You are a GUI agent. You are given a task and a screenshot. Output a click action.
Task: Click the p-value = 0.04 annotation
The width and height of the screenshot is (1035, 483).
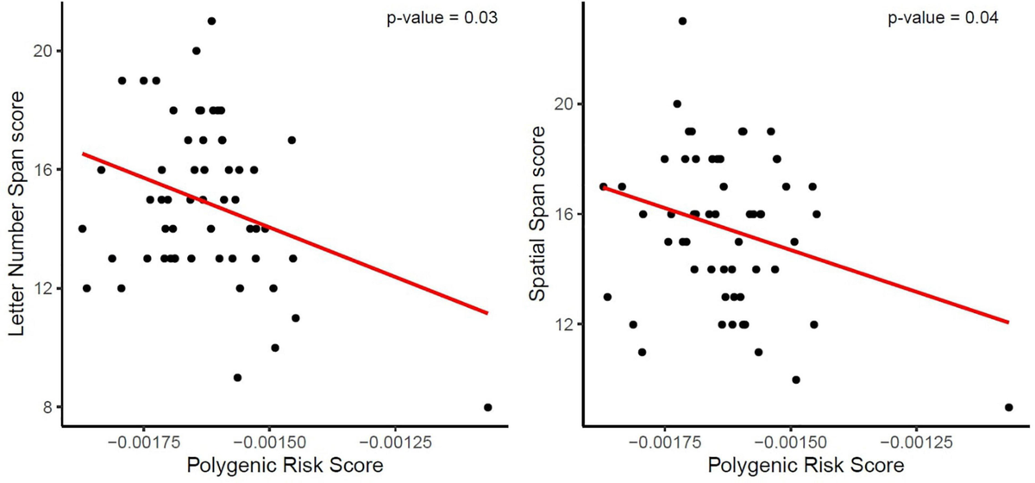[x=944, y=18]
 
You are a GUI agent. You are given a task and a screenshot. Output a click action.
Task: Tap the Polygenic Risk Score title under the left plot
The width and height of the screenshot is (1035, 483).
[x=285, y=466]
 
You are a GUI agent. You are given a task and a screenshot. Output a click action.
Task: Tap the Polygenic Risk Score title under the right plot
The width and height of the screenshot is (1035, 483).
[x=806, y=466]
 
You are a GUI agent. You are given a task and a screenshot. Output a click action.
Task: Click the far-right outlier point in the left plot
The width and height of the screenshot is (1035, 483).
[x=488, y=407]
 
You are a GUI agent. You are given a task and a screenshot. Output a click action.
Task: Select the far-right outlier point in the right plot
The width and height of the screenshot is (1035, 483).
[x=1008, y=407]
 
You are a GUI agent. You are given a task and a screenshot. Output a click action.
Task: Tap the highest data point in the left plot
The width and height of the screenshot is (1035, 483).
[x=211, y=21]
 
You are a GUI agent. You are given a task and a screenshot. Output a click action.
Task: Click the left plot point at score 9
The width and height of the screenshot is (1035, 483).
[x=237, y=377]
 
